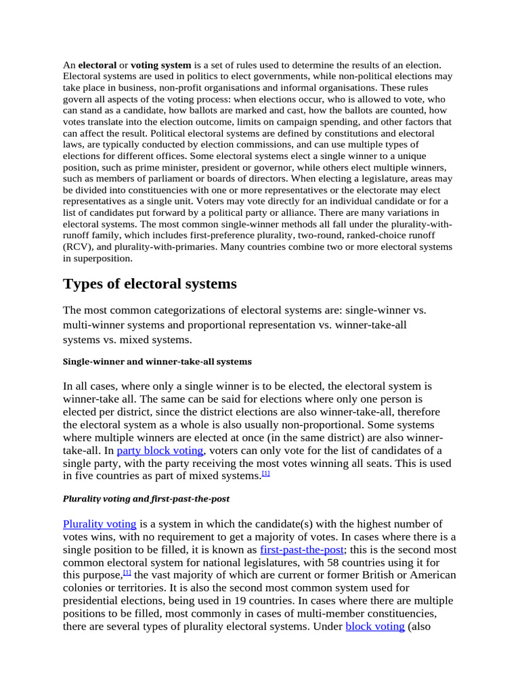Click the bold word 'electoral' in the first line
click(97, 65)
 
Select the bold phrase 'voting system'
click(160, 65)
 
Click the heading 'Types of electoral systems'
click(150, 284)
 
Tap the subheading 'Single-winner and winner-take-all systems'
click(157, 361)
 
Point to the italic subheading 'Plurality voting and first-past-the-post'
click(146, 499)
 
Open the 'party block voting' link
click(160, 450)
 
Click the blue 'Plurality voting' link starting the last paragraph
click(100, 524)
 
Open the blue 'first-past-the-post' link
click(301, 549)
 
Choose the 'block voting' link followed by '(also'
click(375, 626)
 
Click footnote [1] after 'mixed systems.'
click(266, 474)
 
